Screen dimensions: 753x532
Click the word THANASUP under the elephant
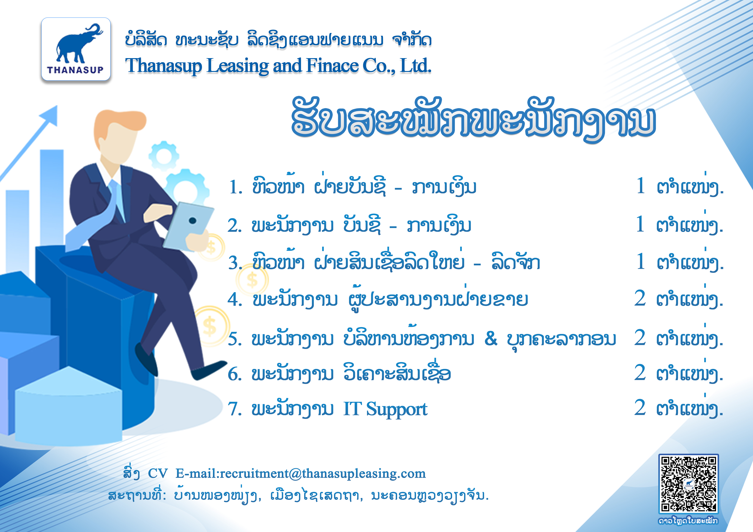pyautogui.click(x=75, y=70)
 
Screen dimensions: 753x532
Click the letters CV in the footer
pyautogui.click(x=158, y=474)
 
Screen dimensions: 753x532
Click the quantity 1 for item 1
pyautogui.click(x=641, y=186)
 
